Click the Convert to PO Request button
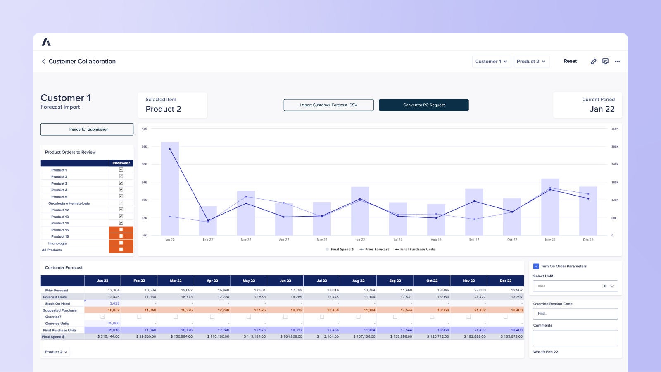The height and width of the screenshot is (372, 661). tap(423, 105)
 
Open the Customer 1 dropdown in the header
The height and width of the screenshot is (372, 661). tap(491, 62)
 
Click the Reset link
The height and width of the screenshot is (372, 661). tap(570, 61)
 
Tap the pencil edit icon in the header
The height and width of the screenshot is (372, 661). tap(593, 62)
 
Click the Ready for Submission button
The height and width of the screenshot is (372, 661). tap(87, 129)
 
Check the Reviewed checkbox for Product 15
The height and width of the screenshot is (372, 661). tap(121, 229)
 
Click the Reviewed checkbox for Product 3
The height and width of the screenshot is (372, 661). tap(121, 183)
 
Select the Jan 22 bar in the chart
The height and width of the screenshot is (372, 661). tap(170, 190)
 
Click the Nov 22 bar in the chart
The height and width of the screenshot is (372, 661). tap(550, 207)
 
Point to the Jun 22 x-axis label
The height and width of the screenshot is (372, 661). tap(360, 240)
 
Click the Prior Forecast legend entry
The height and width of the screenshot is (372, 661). tap(374, 250)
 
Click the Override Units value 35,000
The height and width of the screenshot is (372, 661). tap(114, 323)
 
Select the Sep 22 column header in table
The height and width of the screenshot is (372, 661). tap(395, 281)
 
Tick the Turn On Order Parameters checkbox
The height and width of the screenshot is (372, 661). tap(536, 266)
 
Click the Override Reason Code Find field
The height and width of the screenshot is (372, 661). tap(575, 314)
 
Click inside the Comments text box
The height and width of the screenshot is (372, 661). tap(575, 338)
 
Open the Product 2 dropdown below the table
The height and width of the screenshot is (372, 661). tap(56, 352)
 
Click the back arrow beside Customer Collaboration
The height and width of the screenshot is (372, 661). tap(43, 61)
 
